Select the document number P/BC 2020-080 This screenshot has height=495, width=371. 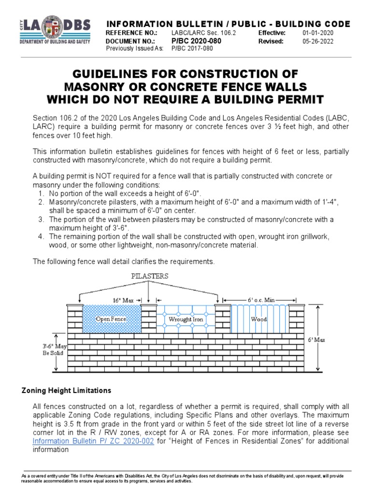coord(196,41)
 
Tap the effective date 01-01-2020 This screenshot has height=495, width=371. coord(317,32)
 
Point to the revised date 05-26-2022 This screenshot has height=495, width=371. coord(317,41)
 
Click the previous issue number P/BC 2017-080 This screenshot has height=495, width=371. coord(192,49)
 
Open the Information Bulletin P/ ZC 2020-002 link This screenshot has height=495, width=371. coord(93,442)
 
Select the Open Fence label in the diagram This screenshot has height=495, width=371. coord(111,319)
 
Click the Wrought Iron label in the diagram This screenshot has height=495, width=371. coord(185,320)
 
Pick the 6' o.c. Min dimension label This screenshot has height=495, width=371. coord(261,300)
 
